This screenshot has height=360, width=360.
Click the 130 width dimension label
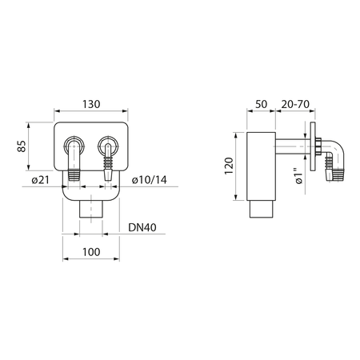[x=91, y=104]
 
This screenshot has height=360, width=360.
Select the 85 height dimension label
[x=22, y=146]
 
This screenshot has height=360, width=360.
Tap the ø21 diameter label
[x=41, y=180]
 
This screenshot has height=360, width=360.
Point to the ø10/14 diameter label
[x=150, y=180]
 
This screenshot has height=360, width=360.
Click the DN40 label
[x=142, y=227]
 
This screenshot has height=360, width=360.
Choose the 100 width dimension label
[x=91, y=252]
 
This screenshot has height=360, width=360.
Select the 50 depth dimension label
[x=261, y=104]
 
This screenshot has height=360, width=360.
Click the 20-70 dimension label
[x=295, y=104]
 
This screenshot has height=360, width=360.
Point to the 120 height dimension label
[x=229, y=166]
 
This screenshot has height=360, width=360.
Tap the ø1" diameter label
[x=299, y=176]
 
